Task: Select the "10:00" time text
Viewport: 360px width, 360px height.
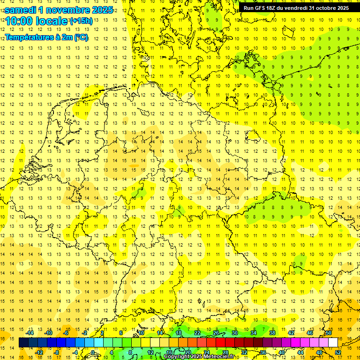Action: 19,22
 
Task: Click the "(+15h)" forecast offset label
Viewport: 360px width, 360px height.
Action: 81,21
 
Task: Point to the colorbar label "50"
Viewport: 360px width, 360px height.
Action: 329,333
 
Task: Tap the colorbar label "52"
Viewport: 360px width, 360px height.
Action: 338,352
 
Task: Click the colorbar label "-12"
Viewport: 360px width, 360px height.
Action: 39,352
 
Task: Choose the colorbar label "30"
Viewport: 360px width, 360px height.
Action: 235,333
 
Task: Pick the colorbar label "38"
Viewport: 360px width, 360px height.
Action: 272,333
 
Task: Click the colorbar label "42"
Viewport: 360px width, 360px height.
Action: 291,333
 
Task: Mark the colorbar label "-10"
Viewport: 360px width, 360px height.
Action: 49,333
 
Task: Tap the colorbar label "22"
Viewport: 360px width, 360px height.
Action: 197,333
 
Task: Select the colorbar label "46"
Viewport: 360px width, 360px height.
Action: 310,333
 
